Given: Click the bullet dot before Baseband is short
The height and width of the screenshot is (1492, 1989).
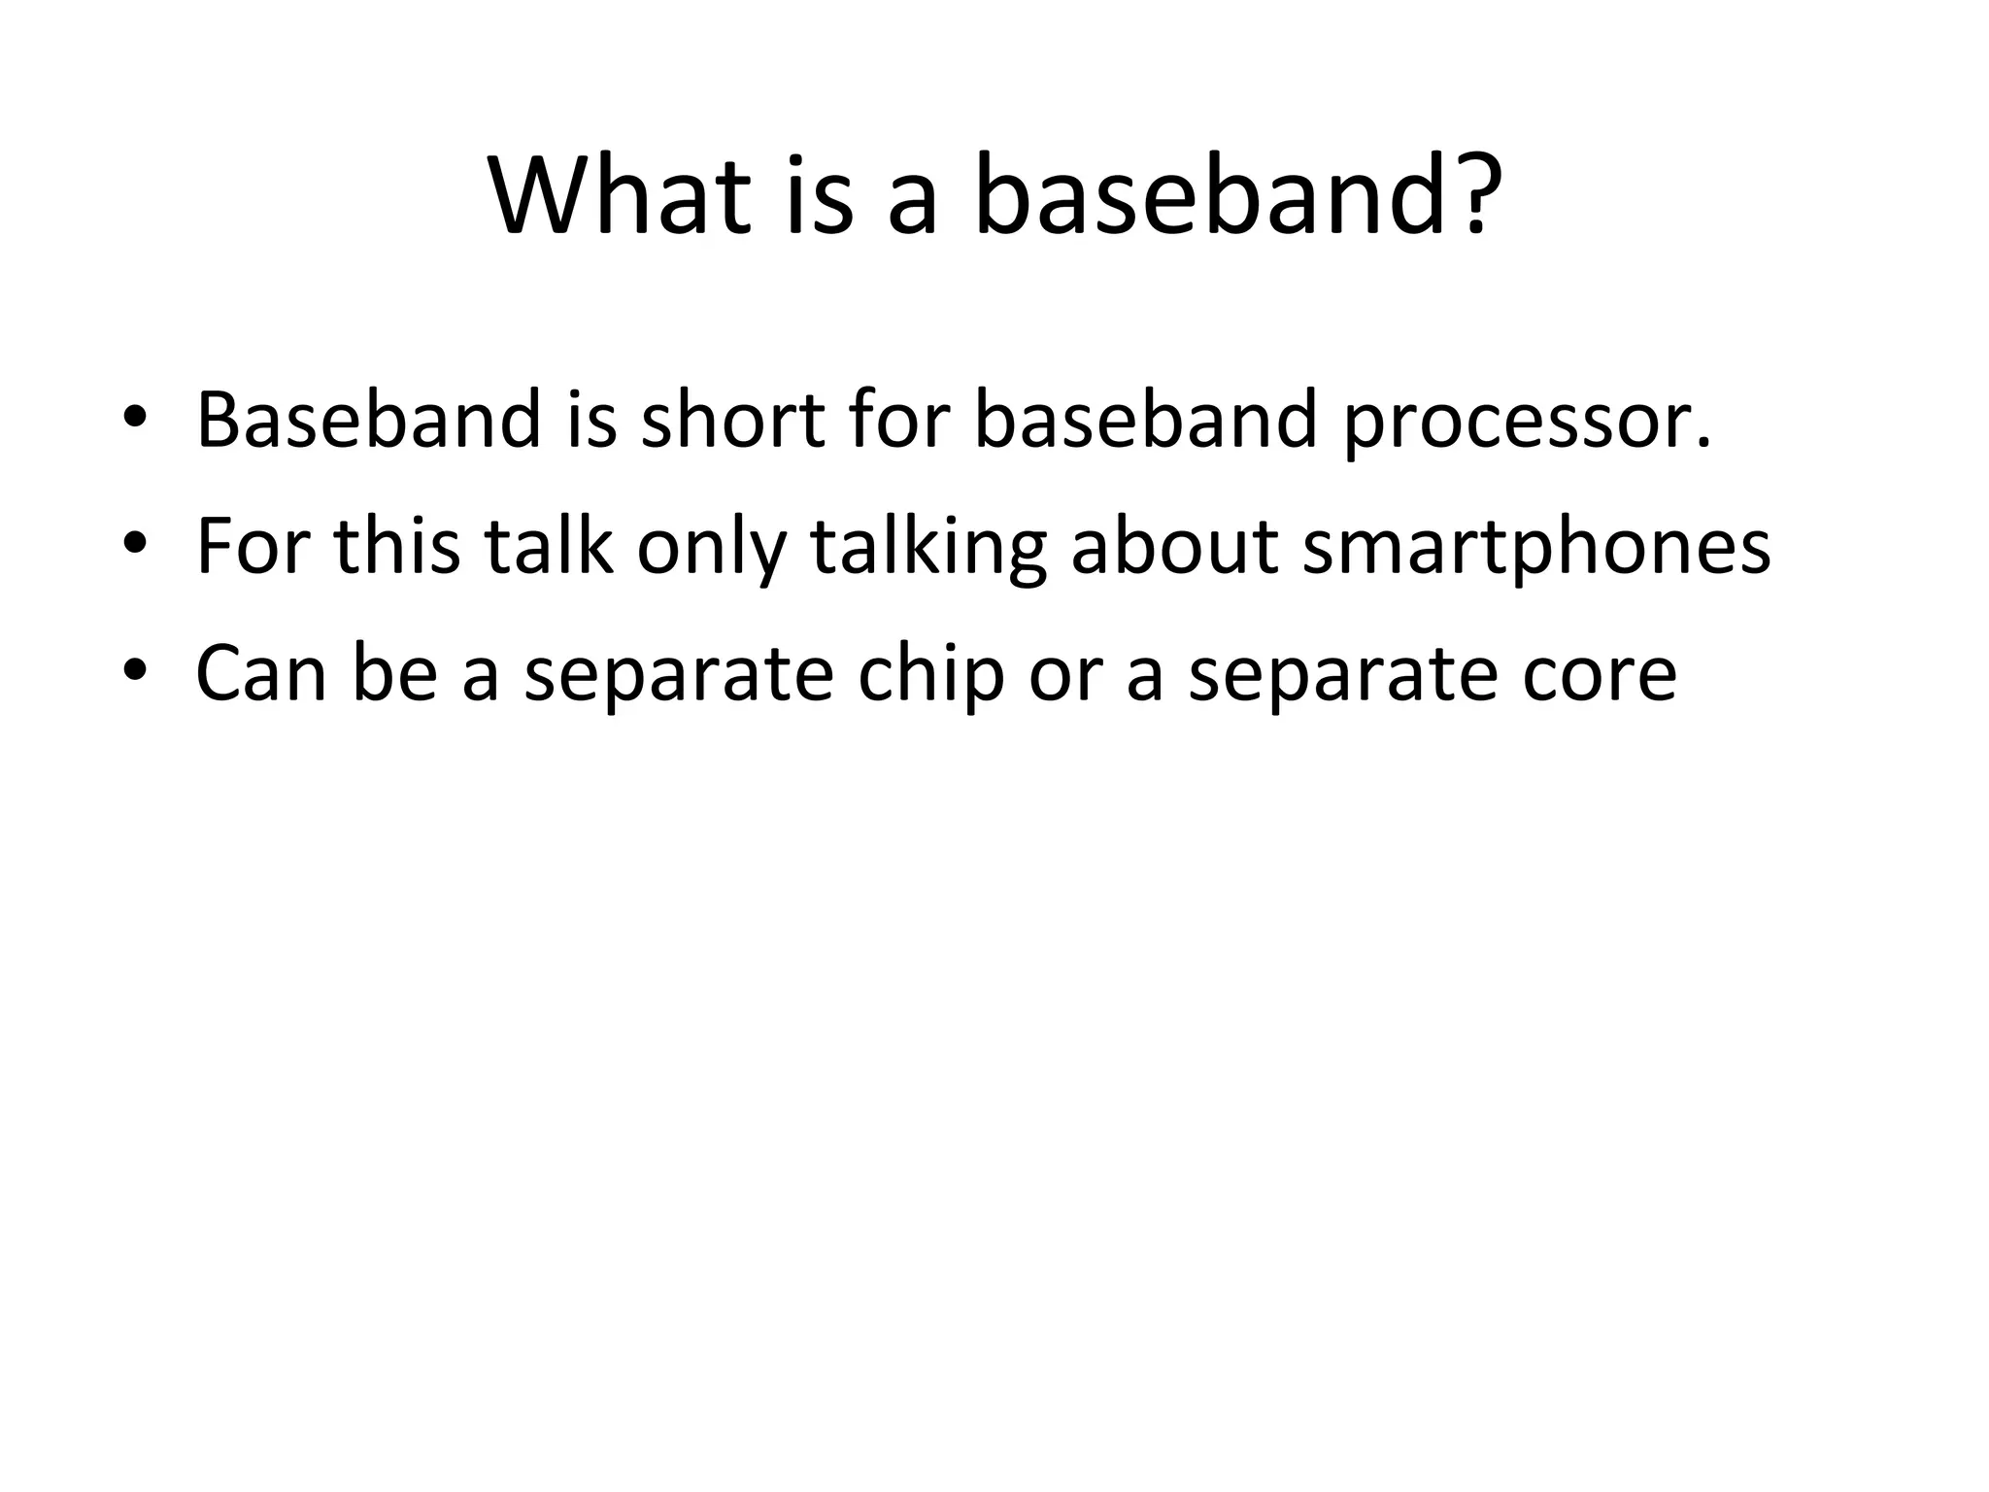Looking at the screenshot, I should pyautogui.click(x=135, y=421).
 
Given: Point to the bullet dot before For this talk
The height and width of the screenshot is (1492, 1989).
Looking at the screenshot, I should pyautogui.click(x=135, y=547).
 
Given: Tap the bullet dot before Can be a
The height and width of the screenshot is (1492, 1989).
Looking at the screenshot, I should pyautogui.click(x=135, y=673).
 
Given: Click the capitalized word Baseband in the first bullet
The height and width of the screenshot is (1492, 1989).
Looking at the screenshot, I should pyautogui.click(x=367, y=421).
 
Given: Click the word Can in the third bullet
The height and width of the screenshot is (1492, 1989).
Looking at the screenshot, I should pyautogui.click(x=260, y=673).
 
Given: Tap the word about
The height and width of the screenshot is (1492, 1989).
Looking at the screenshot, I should pyautogui.click(x=1174, y=547).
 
